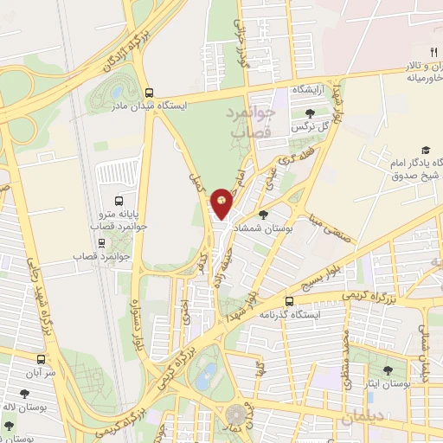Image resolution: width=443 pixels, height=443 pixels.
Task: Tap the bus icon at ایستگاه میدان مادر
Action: (x=151, y=93)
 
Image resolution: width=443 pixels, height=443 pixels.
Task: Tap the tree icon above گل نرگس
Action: (x=311, y=112)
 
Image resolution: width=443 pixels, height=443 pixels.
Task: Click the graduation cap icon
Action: (x=426, y=151)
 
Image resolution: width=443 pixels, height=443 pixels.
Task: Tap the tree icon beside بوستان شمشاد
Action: (x=263, y=214)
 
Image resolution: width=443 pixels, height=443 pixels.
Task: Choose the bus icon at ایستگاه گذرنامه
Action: (x=290, y=301)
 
